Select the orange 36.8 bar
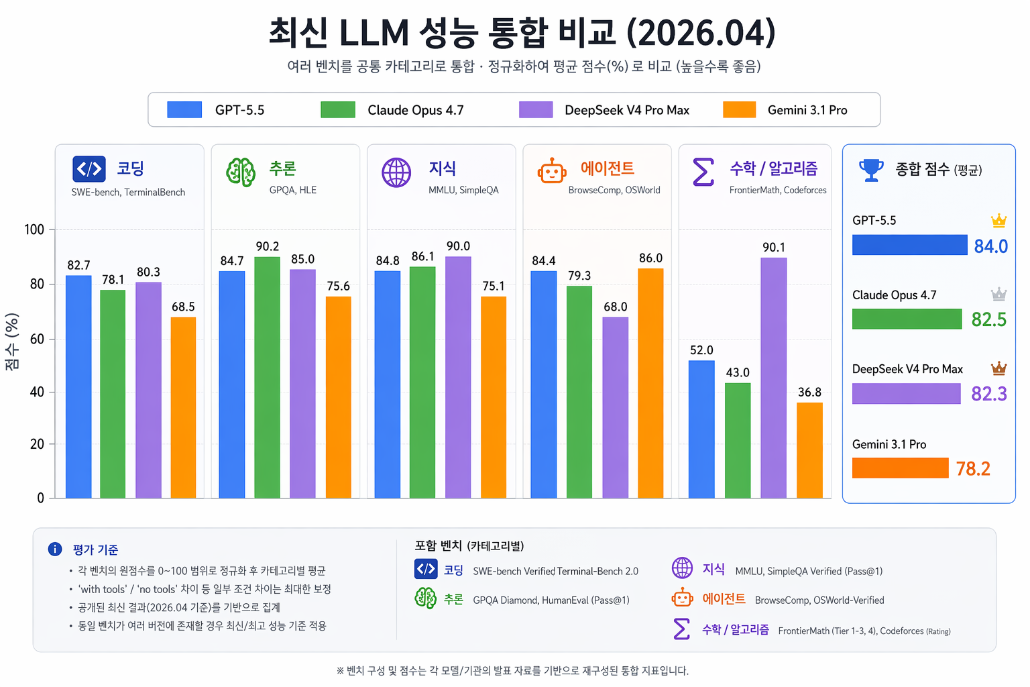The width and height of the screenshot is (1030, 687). pyautogui.click(x=809, y=450)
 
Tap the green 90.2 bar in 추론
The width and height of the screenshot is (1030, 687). pyautogui.click(x=267, y=378)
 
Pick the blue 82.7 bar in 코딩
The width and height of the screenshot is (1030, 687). pyautogui.click(x=78, y=387)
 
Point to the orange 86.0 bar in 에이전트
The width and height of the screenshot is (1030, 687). pyautogui.click(x=650, y=383)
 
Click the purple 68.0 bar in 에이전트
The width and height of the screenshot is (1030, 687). pyautogui.click(x=615, y=407)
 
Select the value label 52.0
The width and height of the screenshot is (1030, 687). pyautogui.click(x=701, y=350)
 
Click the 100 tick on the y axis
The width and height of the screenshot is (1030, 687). pyautogui.click(x=34, y=230)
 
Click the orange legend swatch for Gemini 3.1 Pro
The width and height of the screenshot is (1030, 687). pyautogui.click(x=739, y=109)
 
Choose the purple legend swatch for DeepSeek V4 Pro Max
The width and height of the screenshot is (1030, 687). pyautogui.click(x=535, y=109)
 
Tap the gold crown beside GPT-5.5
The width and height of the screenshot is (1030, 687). pyautogui.click(x=998, y=220)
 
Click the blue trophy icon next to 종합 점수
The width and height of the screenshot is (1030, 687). pyautogui.click(x=871, y=169)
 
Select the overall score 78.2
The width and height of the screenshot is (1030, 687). pyautogui.click(x=972, y=468)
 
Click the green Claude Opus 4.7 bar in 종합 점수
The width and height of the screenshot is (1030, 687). pyautogui.click(x=907, y=319)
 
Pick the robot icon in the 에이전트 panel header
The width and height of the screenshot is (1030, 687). pyautogui.click(x=551, y=172)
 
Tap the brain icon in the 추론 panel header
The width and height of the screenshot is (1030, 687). pyautogui.click(x=241, y=172)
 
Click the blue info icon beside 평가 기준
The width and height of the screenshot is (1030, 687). pyautogui.click(x=55, y=549)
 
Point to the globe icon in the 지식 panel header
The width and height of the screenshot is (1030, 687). pyautogui.click(x=396, y=172)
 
